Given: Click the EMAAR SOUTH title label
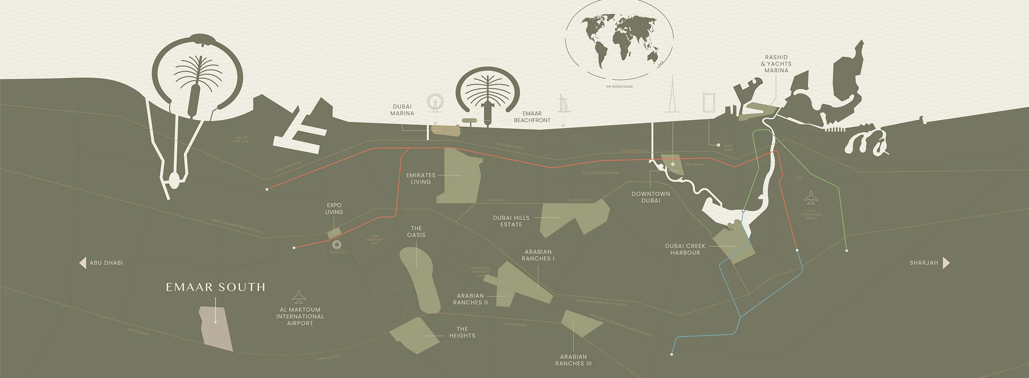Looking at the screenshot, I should (x=215, y=287).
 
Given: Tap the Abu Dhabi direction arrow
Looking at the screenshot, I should (x=83, y=262).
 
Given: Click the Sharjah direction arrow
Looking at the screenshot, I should (x=946, y=263).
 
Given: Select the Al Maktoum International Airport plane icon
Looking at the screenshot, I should (x=299, y=297).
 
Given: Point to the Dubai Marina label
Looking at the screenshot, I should (x=402, y=110).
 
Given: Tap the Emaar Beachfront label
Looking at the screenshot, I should (x=532, y=117).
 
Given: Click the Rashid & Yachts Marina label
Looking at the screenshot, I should (x=776, y=64).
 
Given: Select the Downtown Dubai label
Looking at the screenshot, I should (x=651, y=197).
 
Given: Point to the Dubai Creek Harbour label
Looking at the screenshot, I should (x=685, y=249).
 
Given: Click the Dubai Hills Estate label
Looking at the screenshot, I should (x=511, y=221).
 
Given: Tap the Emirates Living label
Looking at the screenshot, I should (x=420, y=179).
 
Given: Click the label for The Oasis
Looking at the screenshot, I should (x=416, y=232).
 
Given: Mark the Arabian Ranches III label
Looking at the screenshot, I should (x=573, y=360).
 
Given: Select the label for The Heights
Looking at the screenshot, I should (x=462, y=332).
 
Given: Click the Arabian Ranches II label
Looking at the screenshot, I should (x=470, y=299).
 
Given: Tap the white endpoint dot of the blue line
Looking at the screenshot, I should (x=672, y=354).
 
